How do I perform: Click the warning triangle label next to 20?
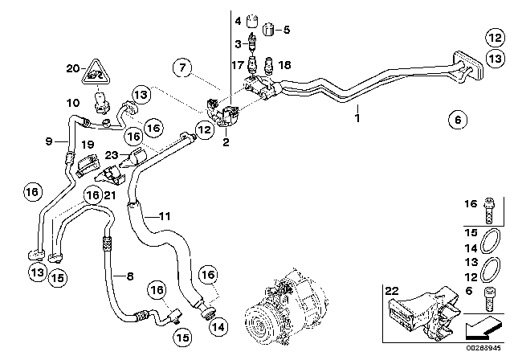point(96,73)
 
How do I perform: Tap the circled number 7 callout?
point(182,67)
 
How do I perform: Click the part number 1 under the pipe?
point(357,117)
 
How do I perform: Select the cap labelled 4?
point(252,22)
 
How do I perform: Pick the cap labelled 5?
point(268,30)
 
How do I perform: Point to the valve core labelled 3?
point(251,43)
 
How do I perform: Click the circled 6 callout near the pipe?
point(458,120)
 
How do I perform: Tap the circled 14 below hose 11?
point(218,327)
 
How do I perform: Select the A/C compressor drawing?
point(286,308)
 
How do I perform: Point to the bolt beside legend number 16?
point(489,211)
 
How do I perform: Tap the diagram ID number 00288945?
point(483,348)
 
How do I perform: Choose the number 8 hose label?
point(130,276)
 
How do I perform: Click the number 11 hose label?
point(165,216)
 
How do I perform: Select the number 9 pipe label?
point(49,141)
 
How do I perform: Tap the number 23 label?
point(111,155)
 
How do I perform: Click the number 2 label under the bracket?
point(226,142)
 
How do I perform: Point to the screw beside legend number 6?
point(489,299)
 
